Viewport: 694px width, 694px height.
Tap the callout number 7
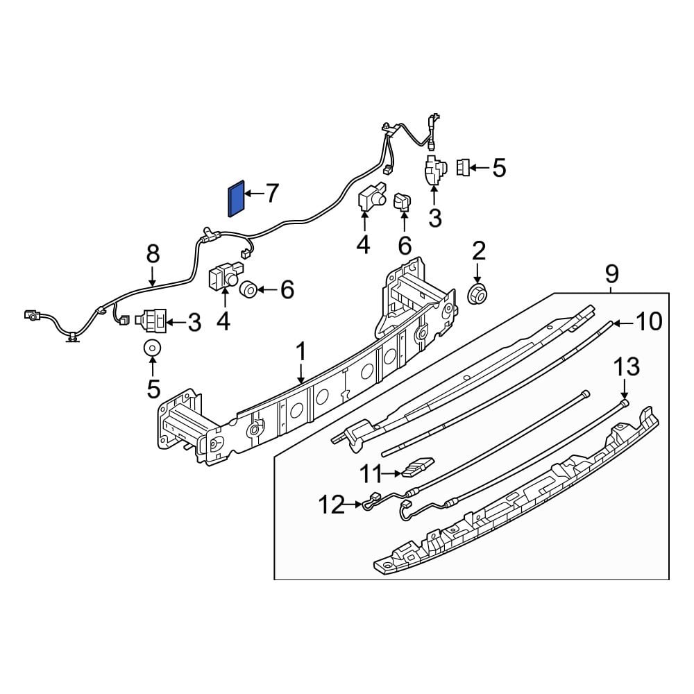point(271,194)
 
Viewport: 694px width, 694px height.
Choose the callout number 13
point(625,367)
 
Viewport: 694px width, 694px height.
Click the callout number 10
point(649,321)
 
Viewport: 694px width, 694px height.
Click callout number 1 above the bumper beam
point(301,353)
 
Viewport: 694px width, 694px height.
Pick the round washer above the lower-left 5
point(153,348)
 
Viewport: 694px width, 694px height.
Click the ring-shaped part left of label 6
point(248,289)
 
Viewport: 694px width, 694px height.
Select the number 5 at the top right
point(500,167)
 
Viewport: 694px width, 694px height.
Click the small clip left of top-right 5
point(464,167)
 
